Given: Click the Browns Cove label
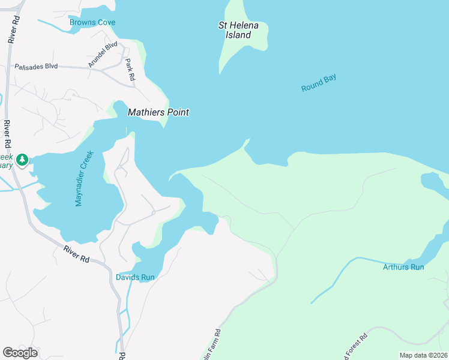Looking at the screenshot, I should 92,23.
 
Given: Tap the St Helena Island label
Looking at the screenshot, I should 234,30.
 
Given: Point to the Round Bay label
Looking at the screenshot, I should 319,83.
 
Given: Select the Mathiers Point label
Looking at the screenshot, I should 158,112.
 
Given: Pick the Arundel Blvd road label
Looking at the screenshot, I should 103,55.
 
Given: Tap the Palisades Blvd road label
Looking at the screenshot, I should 36,66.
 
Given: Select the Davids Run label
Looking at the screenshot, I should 135,277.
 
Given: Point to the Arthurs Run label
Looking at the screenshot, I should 403,266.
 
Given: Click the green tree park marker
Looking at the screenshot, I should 22,159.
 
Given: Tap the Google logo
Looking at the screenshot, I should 20,352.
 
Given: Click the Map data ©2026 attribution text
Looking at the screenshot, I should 423,355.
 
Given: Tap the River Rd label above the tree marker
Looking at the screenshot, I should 7,135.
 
